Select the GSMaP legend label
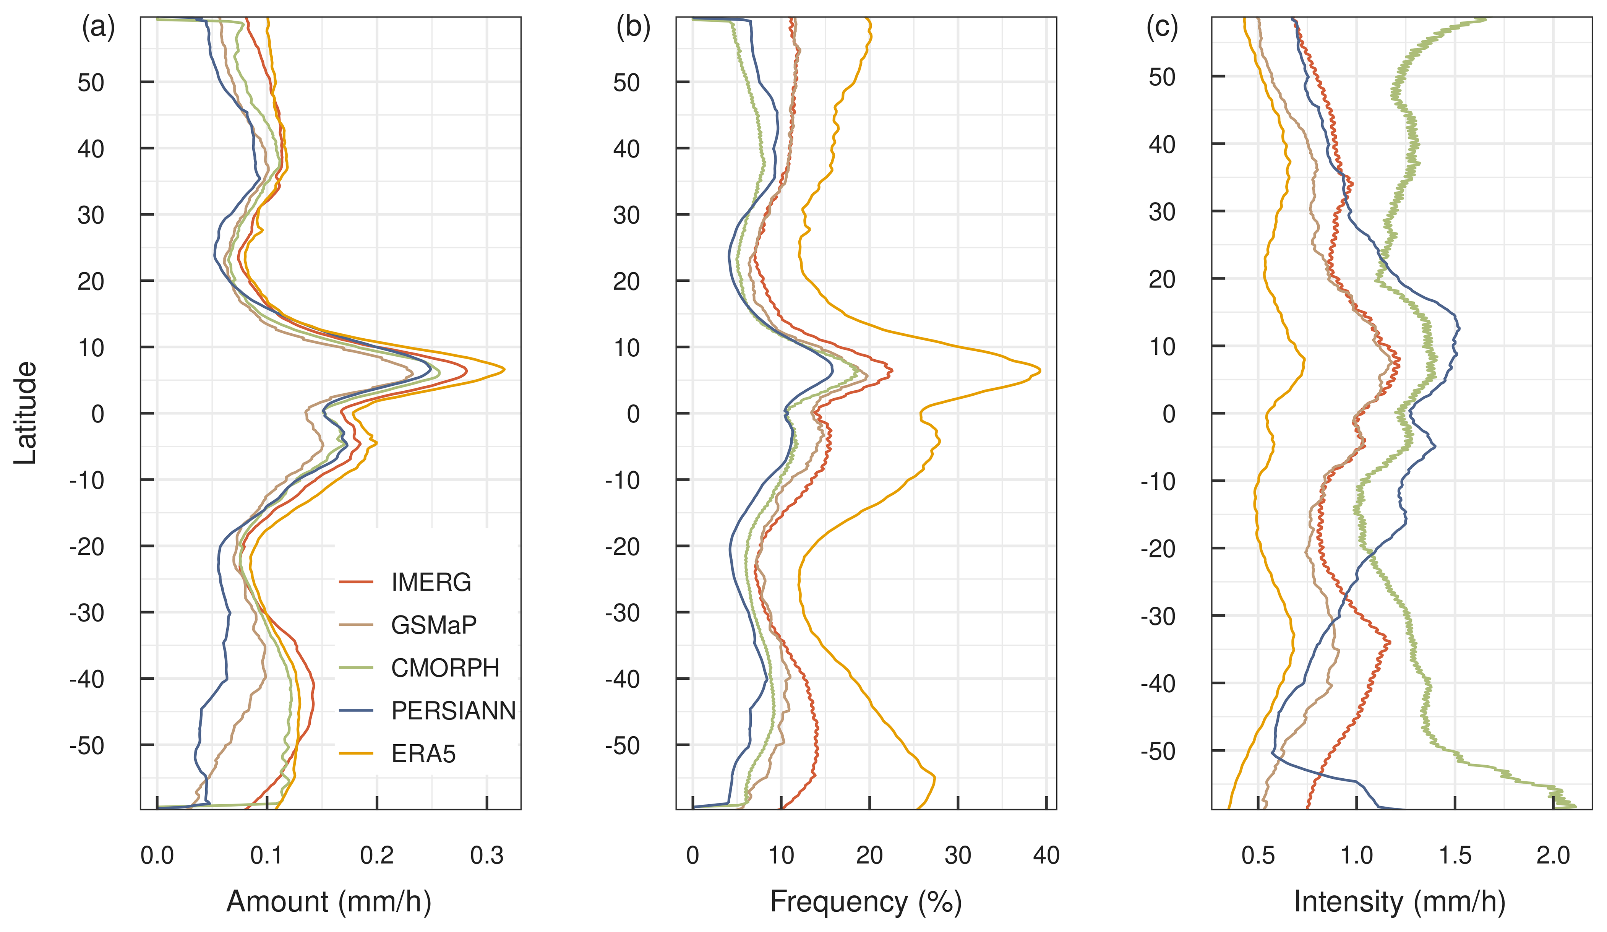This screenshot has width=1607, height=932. tap(434, 625)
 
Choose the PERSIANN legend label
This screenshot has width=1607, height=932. tap(453, 711)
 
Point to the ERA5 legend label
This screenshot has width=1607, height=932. tap(423, 754)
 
